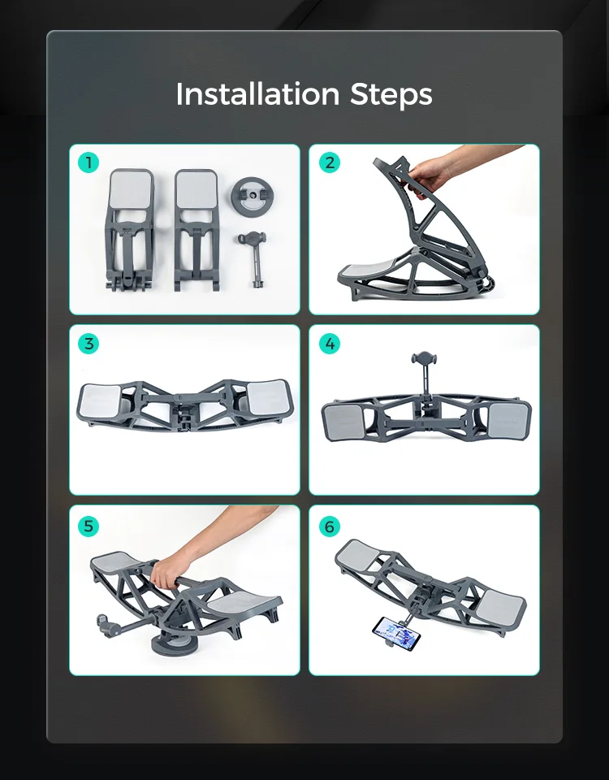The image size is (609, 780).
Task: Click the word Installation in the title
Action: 257,93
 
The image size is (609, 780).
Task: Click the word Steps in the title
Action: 391,94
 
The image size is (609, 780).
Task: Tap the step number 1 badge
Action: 89,162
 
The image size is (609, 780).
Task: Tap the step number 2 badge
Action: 329,162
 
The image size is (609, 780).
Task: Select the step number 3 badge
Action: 89,344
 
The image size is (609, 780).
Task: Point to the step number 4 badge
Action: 329,344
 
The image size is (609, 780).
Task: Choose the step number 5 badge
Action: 89,526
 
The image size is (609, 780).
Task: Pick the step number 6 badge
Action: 329,526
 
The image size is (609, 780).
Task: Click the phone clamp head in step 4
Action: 424,357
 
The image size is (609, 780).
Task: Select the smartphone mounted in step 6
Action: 396,628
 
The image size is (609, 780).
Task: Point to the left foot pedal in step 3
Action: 100,401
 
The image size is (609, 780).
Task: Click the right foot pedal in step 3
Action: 269,397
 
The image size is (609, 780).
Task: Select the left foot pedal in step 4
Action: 343,422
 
